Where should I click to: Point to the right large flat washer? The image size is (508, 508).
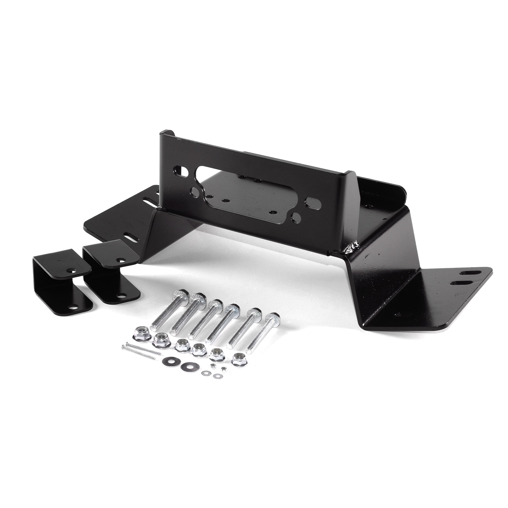pos(187,365)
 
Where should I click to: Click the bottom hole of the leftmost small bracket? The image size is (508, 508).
pos(73,307)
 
